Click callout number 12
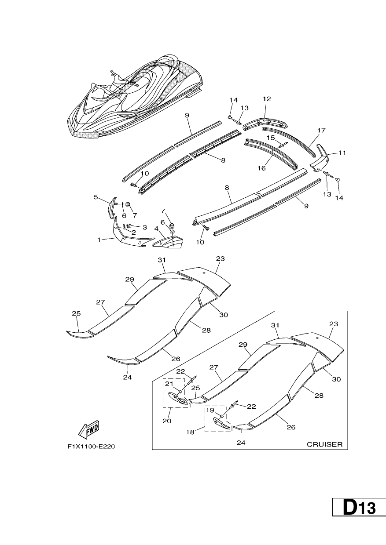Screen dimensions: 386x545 click(x=267, y=99)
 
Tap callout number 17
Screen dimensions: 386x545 click(x=321, y=131)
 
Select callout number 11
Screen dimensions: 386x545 click(x=342, y=153)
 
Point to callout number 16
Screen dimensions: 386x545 click(x=262, y=168)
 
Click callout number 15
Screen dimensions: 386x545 click(x=271, y=138)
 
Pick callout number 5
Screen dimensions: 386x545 click(x=96, y=197)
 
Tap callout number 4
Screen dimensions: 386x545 click(x=156, y=229)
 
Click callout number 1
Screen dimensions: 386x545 click(x=99, y=240)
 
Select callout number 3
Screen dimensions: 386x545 click(x=145, y=228)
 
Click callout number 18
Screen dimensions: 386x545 click(x=190, y=432)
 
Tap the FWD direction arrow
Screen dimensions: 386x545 click(x=89, y=428)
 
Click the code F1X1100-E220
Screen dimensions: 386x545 click(x=91, y=447)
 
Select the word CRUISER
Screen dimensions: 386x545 click(x=324, y=444)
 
